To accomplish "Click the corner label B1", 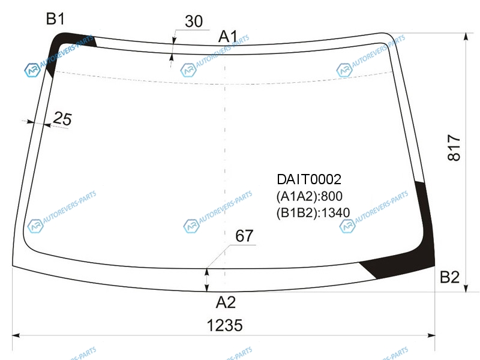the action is click(x=55, y=19).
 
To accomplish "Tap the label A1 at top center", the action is click(x=228, y=37).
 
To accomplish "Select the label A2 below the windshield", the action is click(x=226, y=302).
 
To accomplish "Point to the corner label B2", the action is click(x=449, y=277).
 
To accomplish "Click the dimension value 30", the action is click(x=194, y=21).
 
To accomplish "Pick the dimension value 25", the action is click(x=62, y=118).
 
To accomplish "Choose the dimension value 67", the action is click(x=244, y=236).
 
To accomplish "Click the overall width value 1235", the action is click(x=224, y=325).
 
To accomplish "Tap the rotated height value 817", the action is click(x=454, y=148).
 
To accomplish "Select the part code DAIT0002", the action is click(x=309, y=179).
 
